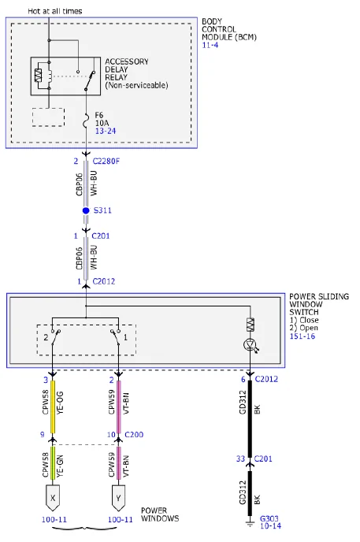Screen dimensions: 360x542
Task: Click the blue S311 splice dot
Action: (x=86, y=210)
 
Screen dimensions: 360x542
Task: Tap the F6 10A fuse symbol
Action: (x=86, y=122)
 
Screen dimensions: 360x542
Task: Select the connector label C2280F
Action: (x=106, y=161)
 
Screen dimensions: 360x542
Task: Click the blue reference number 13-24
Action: (x=106, y=131)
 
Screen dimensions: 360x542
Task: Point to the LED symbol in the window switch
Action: (x=251, y=345)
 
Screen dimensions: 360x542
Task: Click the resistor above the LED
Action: (x=251, y=325)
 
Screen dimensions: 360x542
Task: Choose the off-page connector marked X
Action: (x=53, y=498)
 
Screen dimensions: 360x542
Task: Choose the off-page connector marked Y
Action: (x=118, y=498)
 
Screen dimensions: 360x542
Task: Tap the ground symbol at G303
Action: (x=251, y=524)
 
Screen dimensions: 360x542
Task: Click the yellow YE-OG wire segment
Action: (x=53, y=406)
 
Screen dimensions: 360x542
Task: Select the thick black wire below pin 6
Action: (x=251, y=419)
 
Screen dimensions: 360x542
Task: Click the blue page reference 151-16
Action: (x=302, y=336)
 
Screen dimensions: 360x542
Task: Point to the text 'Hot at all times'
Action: (x=55, y=11)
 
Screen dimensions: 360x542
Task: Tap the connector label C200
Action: (x=134, y=435)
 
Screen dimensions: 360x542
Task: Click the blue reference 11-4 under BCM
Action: (x=210, y=45)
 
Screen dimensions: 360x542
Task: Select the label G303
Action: (x=269, y=518)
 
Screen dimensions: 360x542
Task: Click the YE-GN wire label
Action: (x=60, y=466)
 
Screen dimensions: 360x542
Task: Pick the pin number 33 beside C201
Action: (x=240, y=458)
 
